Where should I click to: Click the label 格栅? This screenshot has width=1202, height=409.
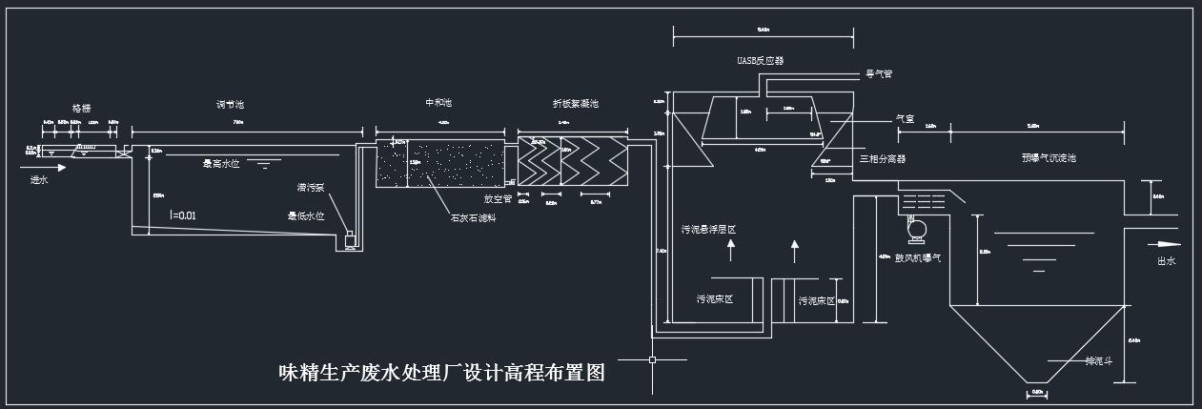(x=81, y=109)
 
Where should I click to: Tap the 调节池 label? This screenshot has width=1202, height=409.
(x=230, y=104)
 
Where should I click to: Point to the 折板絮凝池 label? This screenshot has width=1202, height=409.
(x=576, y=103)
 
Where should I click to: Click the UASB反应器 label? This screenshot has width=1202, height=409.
(x=760, y=61)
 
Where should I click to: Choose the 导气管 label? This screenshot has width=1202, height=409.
(x=878, y=73)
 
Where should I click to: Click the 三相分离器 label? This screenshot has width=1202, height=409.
(x=883, y=158)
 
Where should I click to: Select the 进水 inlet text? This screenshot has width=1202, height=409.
(x=40, y=179)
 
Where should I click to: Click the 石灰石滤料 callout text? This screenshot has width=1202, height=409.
(x=474, y=217)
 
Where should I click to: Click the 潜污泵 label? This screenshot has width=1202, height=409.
(x=311, y=187)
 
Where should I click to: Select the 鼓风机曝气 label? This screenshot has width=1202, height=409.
(x=918, y=258)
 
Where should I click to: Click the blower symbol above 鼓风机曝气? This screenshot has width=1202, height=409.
(x=916, y=229)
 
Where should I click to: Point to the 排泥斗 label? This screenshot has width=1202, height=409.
(x=1099, y=361)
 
